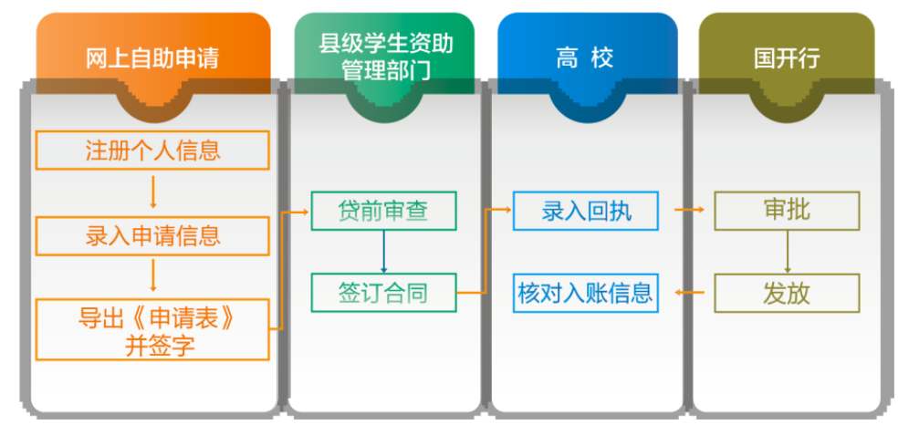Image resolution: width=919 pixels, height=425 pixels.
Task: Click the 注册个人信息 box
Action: coord(152,150)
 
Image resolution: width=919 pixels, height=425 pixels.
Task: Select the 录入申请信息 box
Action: coord(152,236)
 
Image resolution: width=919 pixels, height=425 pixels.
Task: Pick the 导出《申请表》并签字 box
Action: coord(152,329)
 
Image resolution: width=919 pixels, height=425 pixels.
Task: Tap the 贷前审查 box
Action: coord(383,211)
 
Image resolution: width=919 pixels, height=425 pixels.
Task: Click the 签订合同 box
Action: coord(383,293)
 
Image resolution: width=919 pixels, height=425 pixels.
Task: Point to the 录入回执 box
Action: coord(585,211)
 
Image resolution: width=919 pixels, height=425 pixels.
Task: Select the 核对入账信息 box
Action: coord(585,293)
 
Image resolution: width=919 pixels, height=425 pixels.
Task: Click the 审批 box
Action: coord(786,211)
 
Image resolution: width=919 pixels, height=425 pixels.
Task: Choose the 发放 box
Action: coord(786,293)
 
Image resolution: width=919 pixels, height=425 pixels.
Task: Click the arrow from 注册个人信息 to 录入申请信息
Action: coord(152,192)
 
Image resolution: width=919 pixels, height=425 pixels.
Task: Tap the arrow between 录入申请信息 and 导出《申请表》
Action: coord(152,277)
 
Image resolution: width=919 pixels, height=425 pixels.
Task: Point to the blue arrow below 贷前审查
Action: coord(383,251)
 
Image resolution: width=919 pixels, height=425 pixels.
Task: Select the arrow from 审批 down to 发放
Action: coord(786,251)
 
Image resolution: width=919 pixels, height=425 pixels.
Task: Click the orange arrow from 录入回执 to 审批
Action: coord(690,211)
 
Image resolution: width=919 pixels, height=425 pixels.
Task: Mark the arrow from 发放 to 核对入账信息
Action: coord(690,293)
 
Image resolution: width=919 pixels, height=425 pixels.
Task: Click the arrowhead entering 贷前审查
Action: coord(306,211)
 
